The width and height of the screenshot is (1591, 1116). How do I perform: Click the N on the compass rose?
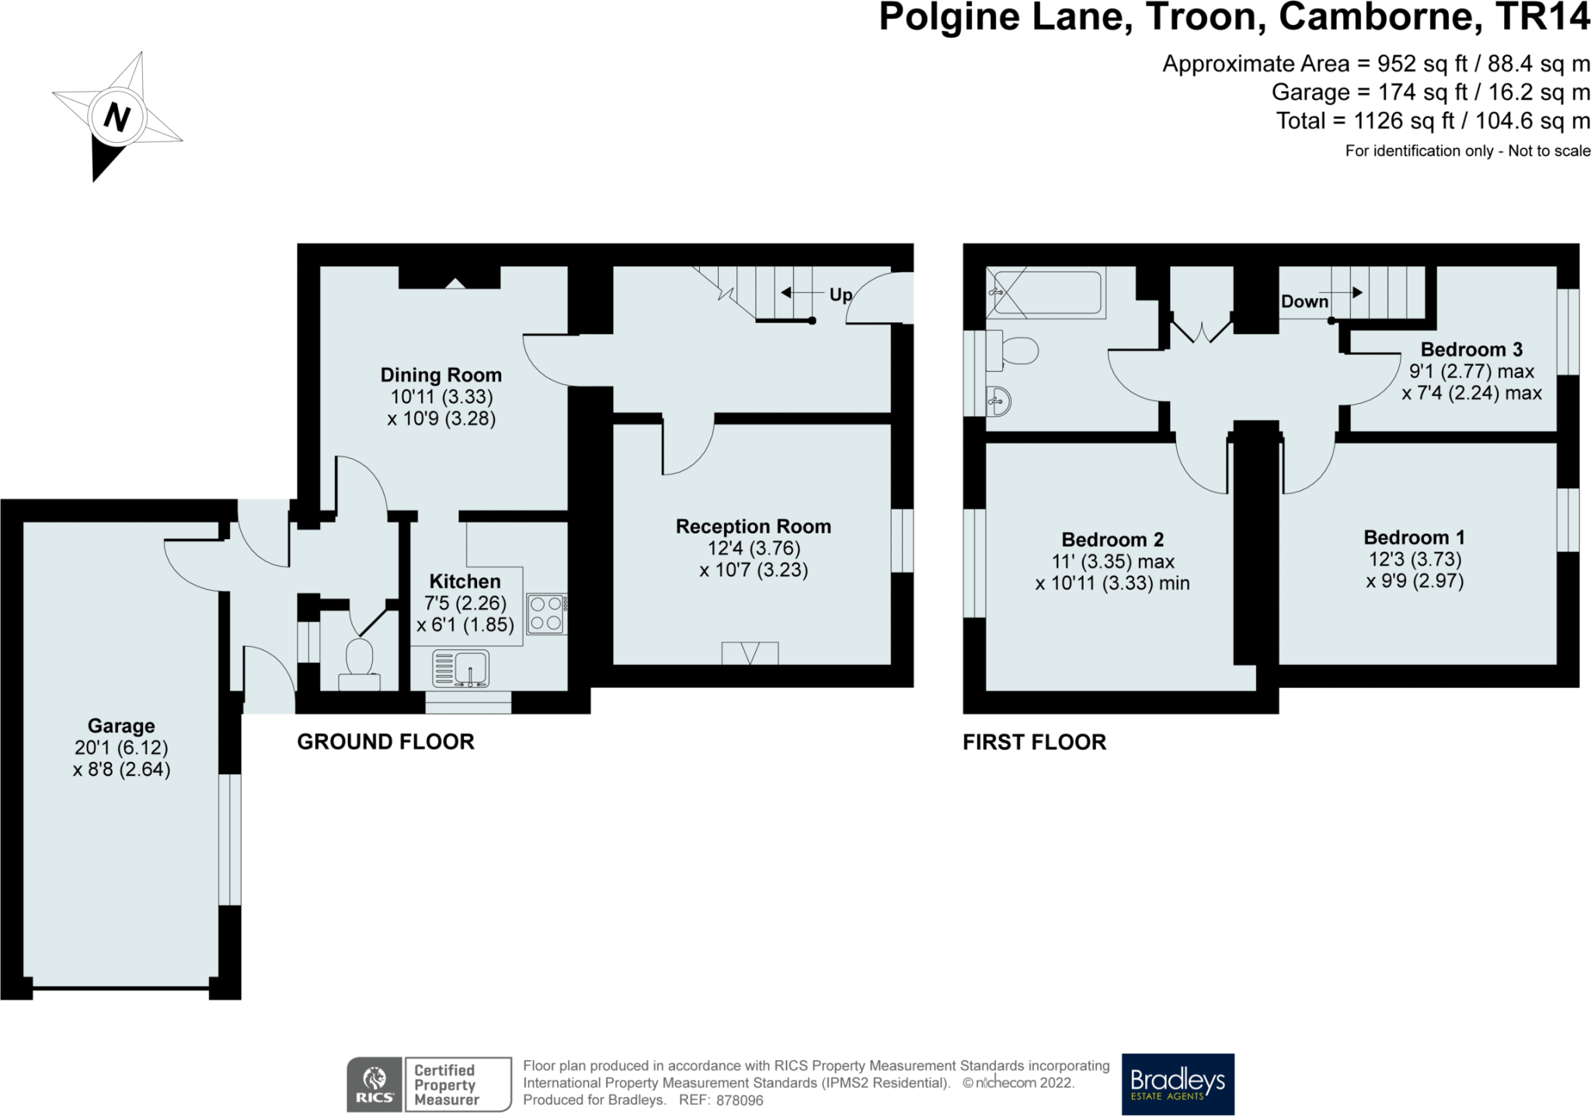[117, 118]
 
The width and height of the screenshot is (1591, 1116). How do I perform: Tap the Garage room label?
[121, 726]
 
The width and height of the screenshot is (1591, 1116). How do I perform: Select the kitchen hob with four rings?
[547, 614]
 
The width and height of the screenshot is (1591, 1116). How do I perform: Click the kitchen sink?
[461, 669]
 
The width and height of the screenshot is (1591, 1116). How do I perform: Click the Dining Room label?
[440, 375]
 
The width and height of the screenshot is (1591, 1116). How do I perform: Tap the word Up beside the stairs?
[841, 295]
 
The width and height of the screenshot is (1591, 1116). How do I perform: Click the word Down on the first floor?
[1304, 301]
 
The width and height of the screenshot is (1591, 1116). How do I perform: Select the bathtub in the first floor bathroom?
[1049, 292]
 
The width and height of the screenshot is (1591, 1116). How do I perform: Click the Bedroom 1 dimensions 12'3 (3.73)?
[1415, 559]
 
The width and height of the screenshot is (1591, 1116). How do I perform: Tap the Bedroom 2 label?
[1112, 540]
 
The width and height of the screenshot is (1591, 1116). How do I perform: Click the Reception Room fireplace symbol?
[750, 653]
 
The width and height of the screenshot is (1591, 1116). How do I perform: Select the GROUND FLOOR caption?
[385, 742]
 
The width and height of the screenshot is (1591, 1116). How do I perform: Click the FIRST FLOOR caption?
[1034, 742]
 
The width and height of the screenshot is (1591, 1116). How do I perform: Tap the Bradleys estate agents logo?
[1178, 1083]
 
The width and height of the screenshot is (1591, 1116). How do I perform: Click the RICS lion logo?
[374, 1083]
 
